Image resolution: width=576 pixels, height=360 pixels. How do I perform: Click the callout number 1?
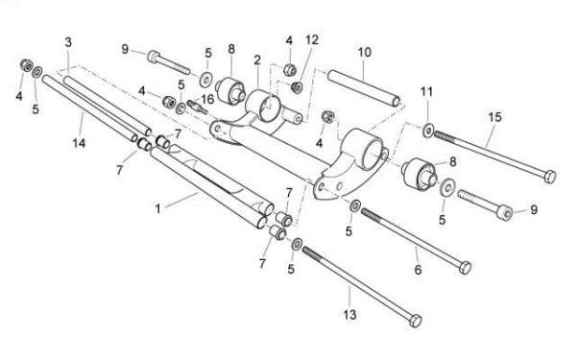click(x=158, y=209)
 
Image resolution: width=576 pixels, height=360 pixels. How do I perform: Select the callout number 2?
click(x=257, y=60)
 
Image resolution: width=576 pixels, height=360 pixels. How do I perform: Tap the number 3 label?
click(x=68, y=42)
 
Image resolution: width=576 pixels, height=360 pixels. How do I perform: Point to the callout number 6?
click(x=418, y=270)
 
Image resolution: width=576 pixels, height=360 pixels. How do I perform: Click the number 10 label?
click(x=365, y=52)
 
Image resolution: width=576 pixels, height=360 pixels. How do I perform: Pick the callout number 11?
click(x=426, y=91)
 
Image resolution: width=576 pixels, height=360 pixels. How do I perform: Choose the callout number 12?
click(x=311, y=39)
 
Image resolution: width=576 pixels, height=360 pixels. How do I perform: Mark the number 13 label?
click(x=349, y=315)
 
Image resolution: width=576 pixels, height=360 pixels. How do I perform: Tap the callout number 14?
click(x=79, y=143)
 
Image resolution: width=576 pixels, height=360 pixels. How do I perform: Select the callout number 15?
click(x=494, y=117)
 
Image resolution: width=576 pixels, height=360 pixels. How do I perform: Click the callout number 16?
click(x=207, y=99)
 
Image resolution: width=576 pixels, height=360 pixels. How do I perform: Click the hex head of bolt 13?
click(x=415, y=321)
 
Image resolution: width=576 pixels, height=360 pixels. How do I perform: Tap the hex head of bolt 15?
click(x=549, y=177)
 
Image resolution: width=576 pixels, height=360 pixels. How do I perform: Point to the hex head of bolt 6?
click(x=465, y=268)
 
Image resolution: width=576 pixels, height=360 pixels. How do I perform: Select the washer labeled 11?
click(x=428, y=131)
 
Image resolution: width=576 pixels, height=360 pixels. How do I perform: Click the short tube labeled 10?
click(x=365, y=88)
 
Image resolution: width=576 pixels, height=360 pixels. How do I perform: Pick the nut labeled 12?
click(x=296, y=87)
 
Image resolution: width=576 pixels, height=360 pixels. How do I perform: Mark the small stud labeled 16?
click(x=198, y=107)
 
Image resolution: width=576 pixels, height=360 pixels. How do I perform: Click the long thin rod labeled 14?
click(x=90, y=108)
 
